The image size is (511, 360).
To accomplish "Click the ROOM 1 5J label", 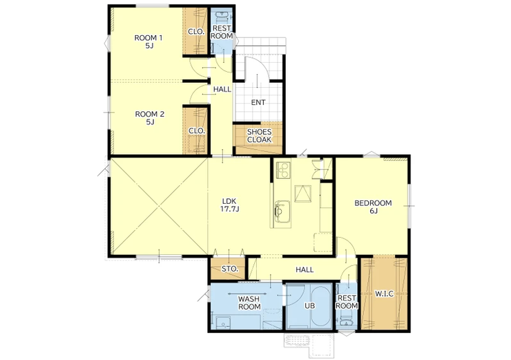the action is tap(148, 41).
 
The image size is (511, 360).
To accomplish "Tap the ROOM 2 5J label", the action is tap(150, 118).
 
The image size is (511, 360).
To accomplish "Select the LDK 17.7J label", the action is tap(230, 205).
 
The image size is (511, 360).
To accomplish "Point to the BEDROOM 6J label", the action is tap(373, 207).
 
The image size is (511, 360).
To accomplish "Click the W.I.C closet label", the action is tap(384, 294).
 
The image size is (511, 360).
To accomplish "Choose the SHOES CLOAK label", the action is tap(259, 135).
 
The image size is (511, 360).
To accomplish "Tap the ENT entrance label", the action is tap(258, 102).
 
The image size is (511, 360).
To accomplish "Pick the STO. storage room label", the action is tap(230, 269).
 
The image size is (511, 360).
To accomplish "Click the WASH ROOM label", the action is tap(249, 303).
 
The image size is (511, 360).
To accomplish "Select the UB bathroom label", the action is tap(309, 306).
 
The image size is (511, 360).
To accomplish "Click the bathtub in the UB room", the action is tap(322, 307).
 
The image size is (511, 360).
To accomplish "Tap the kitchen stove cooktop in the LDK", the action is tap(282, 169).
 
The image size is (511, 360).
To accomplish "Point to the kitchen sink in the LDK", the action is tap(282, 211).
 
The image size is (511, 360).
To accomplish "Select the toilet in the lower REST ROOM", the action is tap(347, 319).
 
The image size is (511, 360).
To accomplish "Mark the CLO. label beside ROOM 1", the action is tap(196, 32).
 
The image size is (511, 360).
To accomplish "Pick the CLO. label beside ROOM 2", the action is tap(197, 131).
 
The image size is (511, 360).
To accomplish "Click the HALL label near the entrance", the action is tap(222, 89).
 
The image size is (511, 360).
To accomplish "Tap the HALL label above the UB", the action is tap(305, 269).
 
